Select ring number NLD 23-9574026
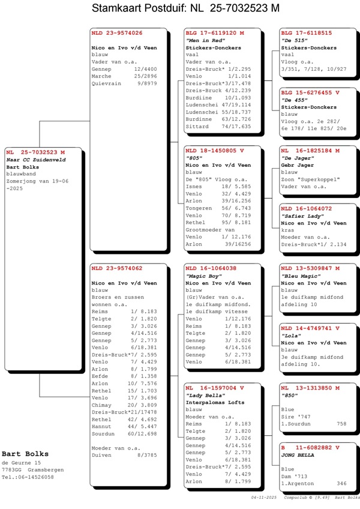(x=117, y=32)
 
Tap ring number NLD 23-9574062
(x=117, y=268)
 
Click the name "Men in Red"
(x=201, y=40)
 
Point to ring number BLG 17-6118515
(x=307, y=32)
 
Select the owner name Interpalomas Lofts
(x=214, y=402)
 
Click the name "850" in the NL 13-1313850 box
(x=290, y=395)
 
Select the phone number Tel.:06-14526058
(x=27, y=477)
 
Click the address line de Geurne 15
(x=21, y=463)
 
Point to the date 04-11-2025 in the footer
(x=264, y=498)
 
